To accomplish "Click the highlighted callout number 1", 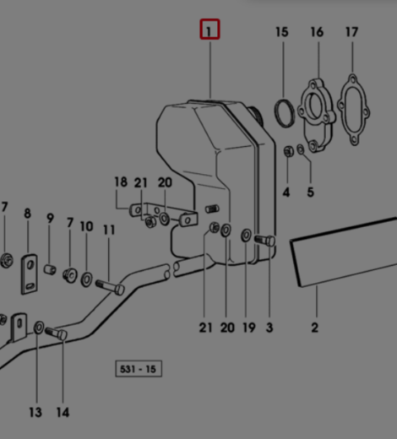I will (209, 31).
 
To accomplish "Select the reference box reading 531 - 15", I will (139, 369).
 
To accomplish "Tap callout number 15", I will (281, 32).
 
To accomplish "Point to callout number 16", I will (317, 32).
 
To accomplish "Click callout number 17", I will (351, 32).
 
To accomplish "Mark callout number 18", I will (121, 182).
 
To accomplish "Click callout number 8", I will (27, 214).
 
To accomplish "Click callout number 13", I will (35, 412).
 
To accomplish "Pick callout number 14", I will (63, 412).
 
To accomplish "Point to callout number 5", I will (310, 192).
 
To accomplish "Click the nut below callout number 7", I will (6, 257).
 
